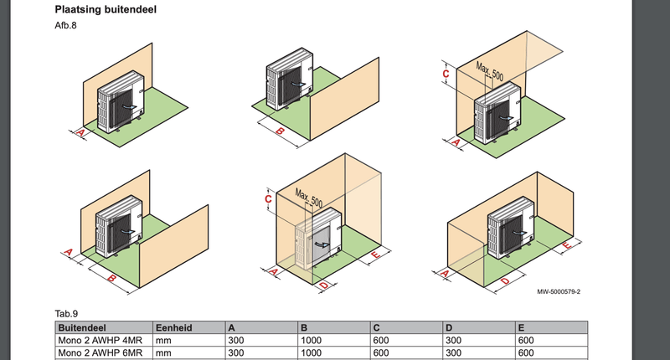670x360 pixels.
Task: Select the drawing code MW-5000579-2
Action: pyautogui.click(x=559, y=291)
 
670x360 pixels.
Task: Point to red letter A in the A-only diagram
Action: pyautogui.click(x=80, y=132)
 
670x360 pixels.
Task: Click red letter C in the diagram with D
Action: pyautogui.click(x=267, y=199)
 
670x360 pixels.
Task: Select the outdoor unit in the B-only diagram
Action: pyautogui.click(x=286, y=84)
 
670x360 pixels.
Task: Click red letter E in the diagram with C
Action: pyautogui.click(x=374, y=252)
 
